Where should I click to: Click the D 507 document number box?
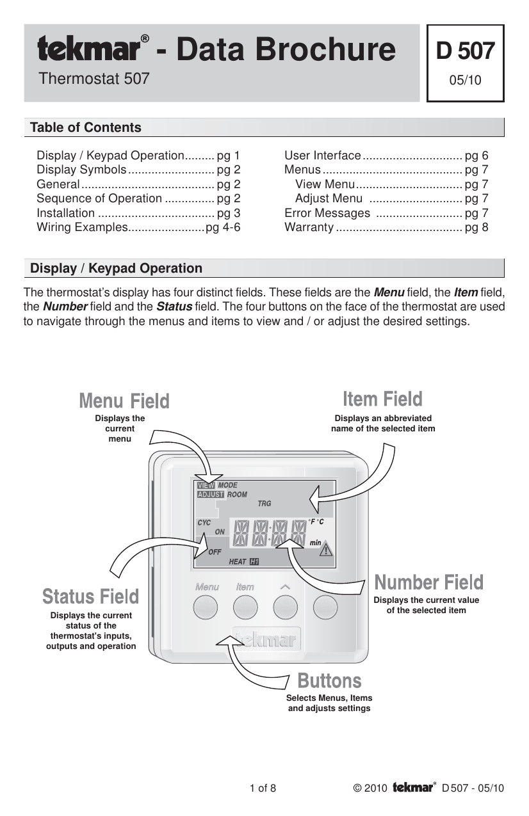coord(465,63)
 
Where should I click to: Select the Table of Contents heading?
coord(86,127)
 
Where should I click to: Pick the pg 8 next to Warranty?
coord(476,227)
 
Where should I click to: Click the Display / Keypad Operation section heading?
coord(117,269)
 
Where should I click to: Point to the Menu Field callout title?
coord(124,401)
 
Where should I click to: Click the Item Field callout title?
coord(382,399)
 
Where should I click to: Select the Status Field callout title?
coord(90,596)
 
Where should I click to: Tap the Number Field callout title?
coord(428,582)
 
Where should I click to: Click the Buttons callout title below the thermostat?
coord(329,680)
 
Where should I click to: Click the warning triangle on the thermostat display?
coord(326,549)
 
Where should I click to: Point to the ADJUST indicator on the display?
coord(210,495)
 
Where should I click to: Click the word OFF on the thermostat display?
coord(215,552)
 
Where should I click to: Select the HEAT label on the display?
coord(237,562)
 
